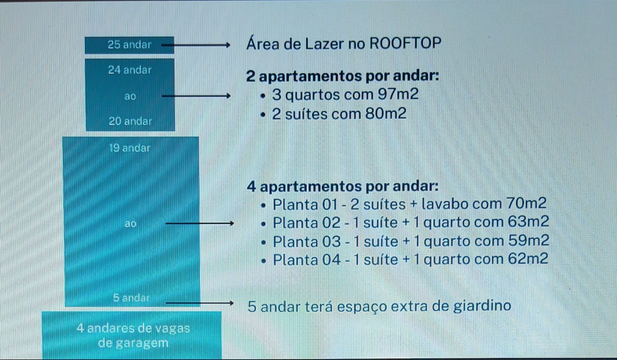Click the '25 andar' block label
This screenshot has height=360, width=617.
coord(129,45)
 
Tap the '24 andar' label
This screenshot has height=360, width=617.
coord(130,70)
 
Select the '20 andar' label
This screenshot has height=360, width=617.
coord(130,121)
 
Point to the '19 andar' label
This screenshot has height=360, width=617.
coord(130,148)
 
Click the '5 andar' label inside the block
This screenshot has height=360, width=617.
coord(131,298)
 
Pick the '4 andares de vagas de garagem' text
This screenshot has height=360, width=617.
coord(133,335)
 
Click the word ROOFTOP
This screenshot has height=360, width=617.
coord(406,43)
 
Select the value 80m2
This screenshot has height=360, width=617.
coord(386,114)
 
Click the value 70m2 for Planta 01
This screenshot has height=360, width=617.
coord(526,203)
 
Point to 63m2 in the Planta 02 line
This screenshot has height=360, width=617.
coord(528,222)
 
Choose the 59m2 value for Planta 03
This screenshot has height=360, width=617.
coord(528,241)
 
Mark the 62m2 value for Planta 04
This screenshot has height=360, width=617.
coord(528,259)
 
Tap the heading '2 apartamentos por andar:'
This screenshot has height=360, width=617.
coord(343,76)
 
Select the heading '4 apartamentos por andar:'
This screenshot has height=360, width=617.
coord(343,186)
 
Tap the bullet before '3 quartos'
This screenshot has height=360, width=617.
coord(263,96)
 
